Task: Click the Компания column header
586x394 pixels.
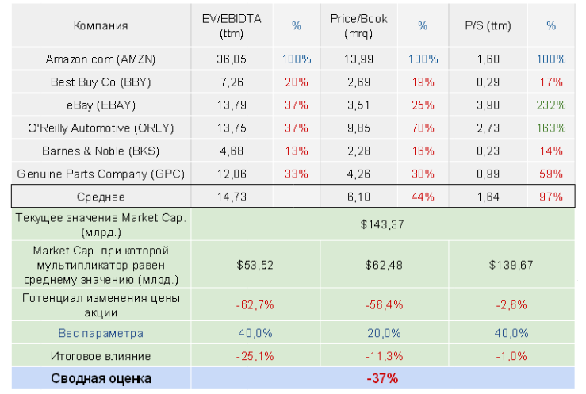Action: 100,25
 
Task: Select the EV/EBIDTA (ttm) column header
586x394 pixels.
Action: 231,25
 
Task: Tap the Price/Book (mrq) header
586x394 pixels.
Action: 358,25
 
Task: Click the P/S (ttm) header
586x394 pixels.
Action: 488,25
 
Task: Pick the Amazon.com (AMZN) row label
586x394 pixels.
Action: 100,59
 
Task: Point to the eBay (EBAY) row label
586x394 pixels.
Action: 100,105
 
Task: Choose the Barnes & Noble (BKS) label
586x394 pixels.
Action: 100,151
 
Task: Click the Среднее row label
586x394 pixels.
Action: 100,197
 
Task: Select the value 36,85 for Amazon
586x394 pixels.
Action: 231,59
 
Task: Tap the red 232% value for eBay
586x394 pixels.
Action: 550,105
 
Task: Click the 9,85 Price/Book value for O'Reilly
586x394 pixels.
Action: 358,128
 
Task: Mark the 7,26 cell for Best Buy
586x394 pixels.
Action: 231,82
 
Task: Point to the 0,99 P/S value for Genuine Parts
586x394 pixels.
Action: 488,174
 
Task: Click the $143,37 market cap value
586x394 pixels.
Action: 382,224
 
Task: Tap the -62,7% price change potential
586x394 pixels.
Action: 255,304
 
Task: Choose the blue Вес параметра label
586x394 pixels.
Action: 100,333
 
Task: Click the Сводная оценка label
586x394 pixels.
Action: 100,378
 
